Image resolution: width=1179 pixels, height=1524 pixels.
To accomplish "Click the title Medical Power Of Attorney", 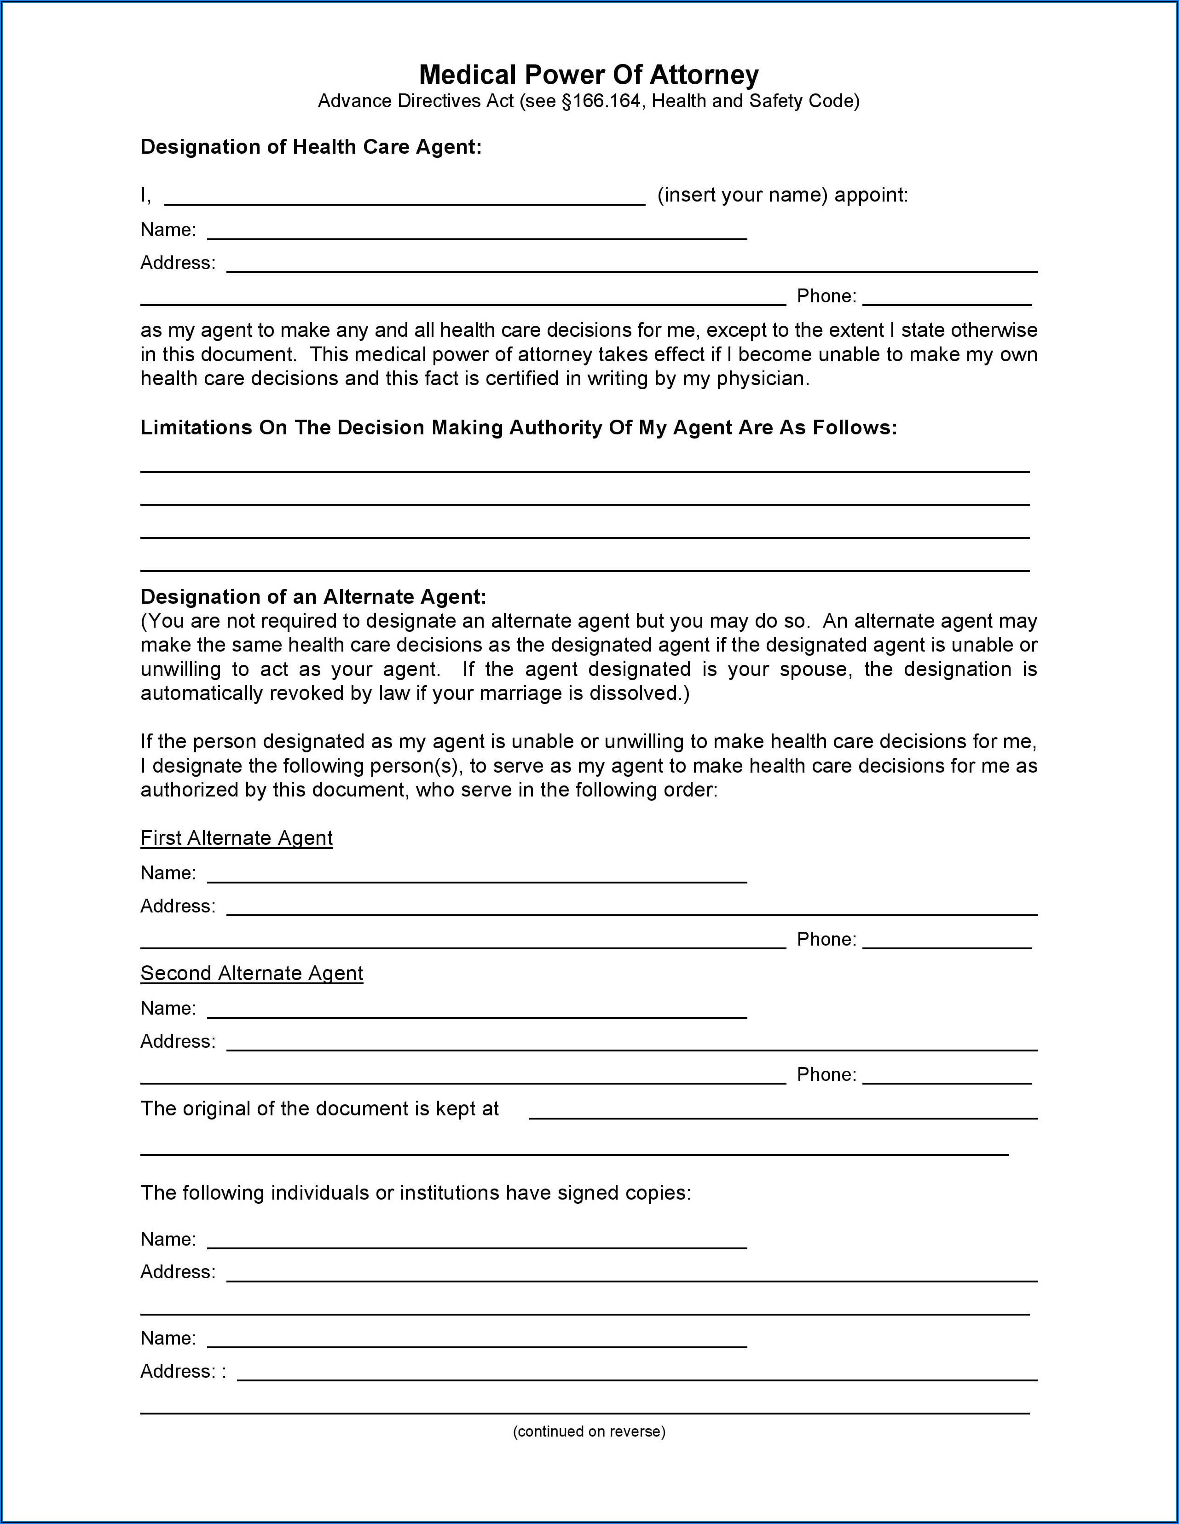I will pos(589,75).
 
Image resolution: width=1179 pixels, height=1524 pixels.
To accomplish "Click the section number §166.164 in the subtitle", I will pos(601,102).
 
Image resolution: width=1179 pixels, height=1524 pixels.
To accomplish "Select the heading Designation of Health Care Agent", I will pos(311,147).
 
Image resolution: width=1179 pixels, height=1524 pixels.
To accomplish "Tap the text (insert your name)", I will pos(742,196).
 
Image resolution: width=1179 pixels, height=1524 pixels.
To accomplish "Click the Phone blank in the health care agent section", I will pos(947,299).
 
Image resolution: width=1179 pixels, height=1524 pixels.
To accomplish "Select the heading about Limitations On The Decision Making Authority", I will pos(518,428).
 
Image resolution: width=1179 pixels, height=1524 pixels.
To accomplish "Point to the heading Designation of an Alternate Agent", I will pos(313,597).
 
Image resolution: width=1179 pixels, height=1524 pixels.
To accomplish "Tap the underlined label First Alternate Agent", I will pos(236,838).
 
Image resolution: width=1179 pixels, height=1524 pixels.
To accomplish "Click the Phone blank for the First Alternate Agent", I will pos(947,942).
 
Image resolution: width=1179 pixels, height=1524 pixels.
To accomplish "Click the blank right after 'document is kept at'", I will pos(783,1112).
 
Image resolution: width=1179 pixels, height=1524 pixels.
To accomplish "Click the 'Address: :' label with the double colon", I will pos(183,1372).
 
